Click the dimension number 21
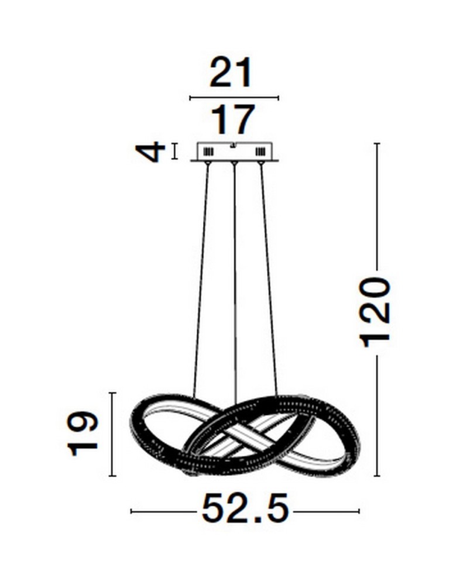(231, 73)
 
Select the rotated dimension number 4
(150, 152)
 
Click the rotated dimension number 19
(83, 433)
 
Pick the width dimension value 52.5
(245, 508)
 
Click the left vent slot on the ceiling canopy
(208, 152)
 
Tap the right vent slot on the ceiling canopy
(260, 152)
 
